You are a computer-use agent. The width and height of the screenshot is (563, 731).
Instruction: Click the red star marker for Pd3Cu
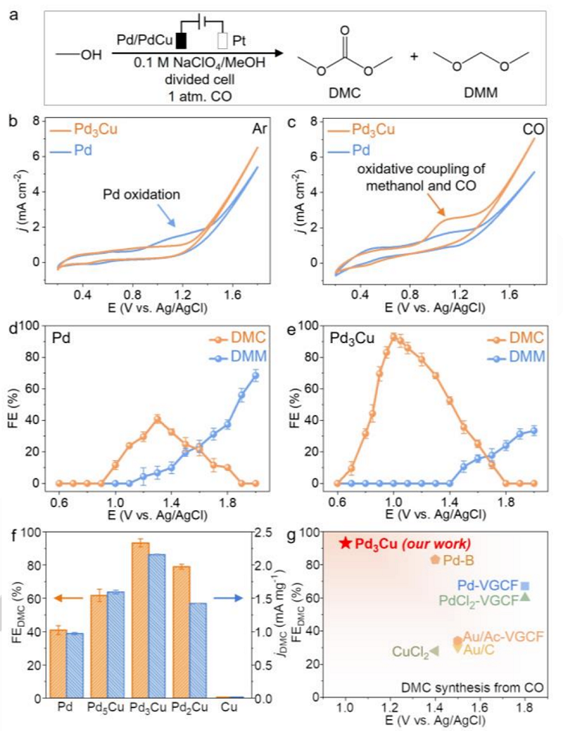click(346, 543)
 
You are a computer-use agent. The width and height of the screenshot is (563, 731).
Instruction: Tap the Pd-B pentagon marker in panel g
click(435, 559)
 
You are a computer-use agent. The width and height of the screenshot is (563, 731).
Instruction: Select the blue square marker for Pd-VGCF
click(525, 586)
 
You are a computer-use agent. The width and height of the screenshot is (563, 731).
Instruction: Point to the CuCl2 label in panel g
click(409, 652)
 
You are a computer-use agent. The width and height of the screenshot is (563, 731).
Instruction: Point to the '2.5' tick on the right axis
click(277, 533)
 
